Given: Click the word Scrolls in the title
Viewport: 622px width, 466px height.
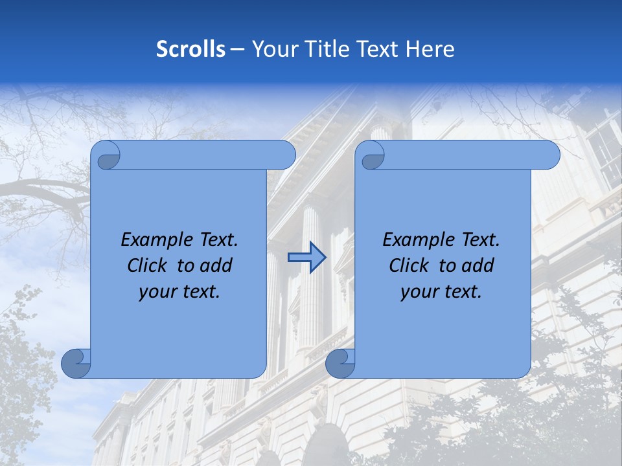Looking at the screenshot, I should click(x=190, y=49).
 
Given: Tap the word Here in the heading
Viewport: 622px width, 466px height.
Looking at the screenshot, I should click(x=430, y=49).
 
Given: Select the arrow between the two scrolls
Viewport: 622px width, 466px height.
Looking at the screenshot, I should click(x=306, y=258).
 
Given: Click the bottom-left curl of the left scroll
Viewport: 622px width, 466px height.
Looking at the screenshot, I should click(x=76, y=362).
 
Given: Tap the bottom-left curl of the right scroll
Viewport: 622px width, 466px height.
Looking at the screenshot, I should click(x=340, y=362).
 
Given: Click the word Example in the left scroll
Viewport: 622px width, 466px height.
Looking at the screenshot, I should click(x=152, y=240).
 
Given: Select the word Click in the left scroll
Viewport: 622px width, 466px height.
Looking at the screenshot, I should click(x=146, y=265).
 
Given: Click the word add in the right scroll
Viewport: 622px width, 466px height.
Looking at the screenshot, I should click(x=478, y=265).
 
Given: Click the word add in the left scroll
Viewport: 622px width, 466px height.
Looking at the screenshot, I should click(x=216, y=265).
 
